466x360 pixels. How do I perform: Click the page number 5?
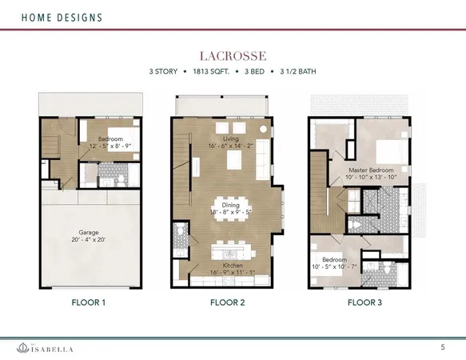(x=444, y=346)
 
